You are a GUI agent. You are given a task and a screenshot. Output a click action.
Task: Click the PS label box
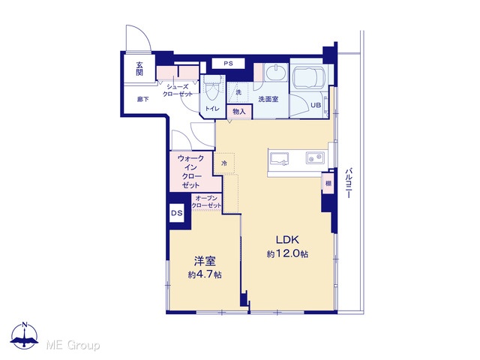pos(228,64)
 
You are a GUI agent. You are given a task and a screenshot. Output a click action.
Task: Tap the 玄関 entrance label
pos(139,68)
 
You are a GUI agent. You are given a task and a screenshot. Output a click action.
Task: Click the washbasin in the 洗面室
pos(275,73)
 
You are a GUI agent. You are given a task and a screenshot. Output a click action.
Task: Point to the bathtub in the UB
pos(309,78)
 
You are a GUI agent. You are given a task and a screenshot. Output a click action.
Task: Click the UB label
pos(316,105)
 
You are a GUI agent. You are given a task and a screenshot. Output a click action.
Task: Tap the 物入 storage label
pos(239,112)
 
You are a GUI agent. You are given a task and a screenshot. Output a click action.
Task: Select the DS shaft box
pos(177,213)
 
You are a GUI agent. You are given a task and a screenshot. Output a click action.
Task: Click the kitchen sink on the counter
pos(279,159)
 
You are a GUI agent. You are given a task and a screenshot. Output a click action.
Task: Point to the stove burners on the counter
pos(315,158)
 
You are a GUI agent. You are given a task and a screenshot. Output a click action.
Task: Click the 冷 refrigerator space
pos(224,163)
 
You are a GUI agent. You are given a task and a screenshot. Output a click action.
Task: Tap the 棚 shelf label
pos(328,183)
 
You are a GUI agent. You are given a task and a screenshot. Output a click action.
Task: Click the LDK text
pos(287,240)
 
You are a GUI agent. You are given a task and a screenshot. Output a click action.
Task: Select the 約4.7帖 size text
pos(205,274)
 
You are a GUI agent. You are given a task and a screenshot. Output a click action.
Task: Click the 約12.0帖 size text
pos(287,253)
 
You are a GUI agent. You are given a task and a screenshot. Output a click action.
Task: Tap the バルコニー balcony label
pos(348,183)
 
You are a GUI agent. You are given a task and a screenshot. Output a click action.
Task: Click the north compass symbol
pos(25,336)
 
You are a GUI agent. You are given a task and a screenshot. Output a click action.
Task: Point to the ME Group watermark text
pos(73,345)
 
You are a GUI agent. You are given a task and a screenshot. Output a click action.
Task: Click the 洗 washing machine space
pos(238,91)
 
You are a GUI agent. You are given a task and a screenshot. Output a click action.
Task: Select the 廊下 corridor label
pos(142,99)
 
